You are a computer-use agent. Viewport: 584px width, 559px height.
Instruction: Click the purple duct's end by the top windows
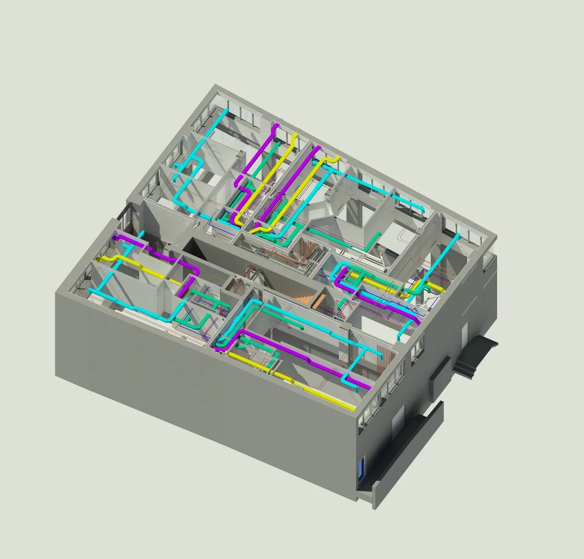[x=276, y=126]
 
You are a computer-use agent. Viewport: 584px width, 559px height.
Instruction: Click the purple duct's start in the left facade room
[x=115, y=236]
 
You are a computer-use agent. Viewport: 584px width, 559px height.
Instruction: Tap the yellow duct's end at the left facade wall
[x=99, y=259]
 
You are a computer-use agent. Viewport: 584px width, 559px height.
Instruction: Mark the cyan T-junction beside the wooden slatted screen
[x=364, y=351]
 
